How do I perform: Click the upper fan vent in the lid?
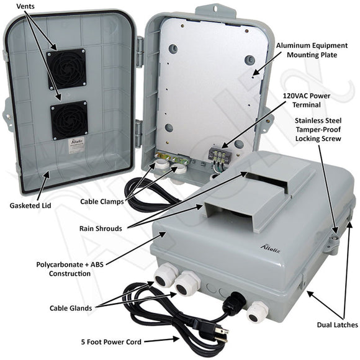click(66, 68)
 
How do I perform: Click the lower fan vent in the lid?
click(69, 120)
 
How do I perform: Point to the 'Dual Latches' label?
click(336, 325)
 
